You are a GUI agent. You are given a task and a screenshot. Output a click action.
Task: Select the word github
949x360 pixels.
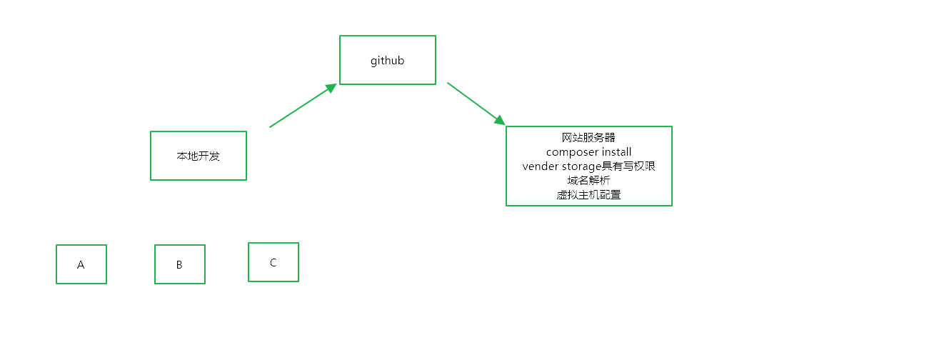tap(387, 61)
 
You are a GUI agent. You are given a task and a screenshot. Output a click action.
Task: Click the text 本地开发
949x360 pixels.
tap(198, 156)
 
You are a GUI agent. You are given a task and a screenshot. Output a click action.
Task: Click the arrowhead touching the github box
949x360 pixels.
tap(331, 88)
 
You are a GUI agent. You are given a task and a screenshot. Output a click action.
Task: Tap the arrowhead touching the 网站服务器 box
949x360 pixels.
tap(499, 119)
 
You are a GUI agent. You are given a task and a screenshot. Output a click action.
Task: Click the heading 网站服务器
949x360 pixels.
tap(588, 137)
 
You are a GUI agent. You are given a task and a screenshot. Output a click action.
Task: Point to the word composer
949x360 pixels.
tap(572, 152)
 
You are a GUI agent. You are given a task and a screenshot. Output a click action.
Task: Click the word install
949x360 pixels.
tap(616, 152)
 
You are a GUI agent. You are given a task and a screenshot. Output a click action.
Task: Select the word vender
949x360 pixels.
tap(540, 166)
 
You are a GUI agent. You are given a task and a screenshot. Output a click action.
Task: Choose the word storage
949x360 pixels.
tap(581, 166)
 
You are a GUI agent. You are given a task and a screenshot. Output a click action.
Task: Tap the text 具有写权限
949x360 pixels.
tap(628, 166)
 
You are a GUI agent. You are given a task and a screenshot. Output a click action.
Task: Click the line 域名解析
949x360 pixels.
tap(588, 181)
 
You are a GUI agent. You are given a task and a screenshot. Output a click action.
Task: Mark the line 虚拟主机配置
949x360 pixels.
tap(588, 195)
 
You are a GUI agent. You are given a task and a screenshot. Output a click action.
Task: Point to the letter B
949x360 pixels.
tap(179, 265)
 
